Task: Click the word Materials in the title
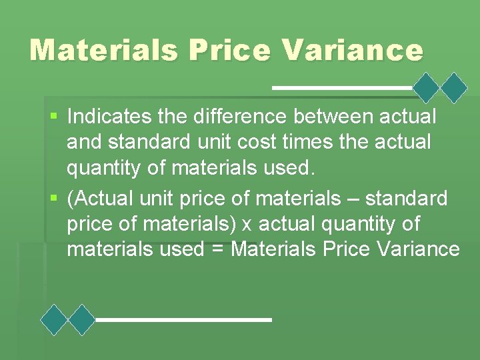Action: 103,50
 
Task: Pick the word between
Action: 333,117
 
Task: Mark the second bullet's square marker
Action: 54,199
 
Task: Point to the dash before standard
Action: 349,199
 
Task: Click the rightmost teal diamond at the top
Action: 455,87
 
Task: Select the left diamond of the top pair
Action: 427,87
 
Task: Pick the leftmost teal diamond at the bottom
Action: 55,320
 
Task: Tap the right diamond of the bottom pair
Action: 83,320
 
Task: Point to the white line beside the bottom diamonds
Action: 184,320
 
